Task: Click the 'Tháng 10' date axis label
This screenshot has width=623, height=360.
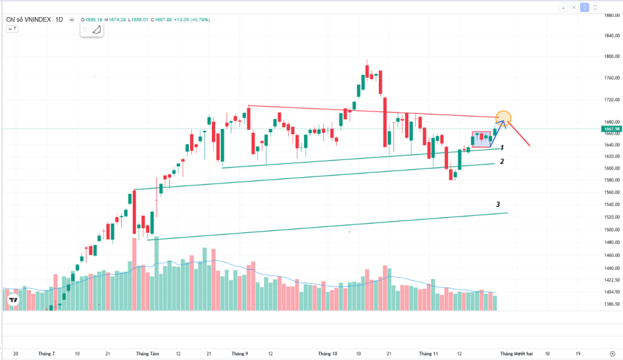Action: coord(328,353)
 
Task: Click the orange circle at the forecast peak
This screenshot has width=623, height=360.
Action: coord(503,118)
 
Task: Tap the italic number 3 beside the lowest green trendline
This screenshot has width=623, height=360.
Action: coord(498,205)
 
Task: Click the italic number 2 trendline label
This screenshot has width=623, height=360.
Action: coord(502,161)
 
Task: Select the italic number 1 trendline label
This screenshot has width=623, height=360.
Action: coord(502,147)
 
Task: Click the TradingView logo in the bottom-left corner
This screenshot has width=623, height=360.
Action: coord(12,300)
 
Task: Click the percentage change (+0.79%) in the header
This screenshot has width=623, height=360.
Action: coord(200,19)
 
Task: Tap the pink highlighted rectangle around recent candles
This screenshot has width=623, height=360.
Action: coord(481,139)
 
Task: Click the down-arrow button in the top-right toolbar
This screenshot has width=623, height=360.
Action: coord(563,7)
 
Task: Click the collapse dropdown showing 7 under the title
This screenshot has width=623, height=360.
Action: coord(12,29)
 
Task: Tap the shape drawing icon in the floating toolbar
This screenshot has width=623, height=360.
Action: coord(96,29)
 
